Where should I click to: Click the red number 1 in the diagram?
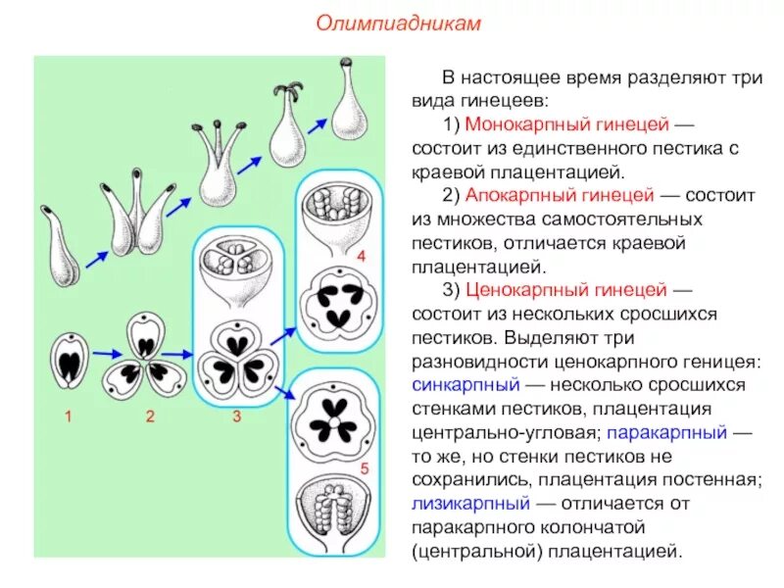click(69, 416)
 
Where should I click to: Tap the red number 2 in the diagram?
click(150, 416)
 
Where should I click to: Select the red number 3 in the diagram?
click(236, 416)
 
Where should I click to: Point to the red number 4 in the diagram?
click(360, 256)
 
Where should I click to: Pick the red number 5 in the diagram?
click(364, 470)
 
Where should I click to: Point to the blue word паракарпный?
click(666, 430)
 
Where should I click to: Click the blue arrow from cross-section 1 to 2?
click(105, 354)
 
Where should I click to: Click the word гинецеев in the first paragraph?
click(506, 100)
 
